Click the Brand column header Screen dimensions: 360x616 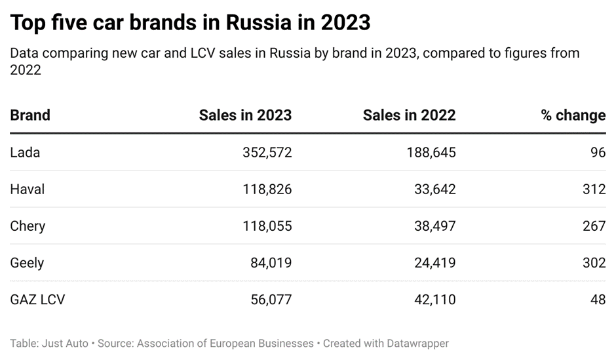tap(30, 115)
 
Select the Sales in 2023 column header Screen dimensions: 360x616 tap(245, 115)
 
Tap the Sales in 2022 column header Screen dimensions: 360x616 tap(409, 115)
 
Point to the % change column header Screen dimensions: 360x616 tap(573, 115)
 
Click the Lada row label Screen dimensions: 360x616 tap(25, 153)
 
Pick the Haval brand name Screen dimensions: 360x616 tap(27, 190)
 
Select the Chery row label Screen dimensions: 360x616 tap(28, 226)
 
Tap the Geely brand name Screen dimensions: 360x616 tap(27, 263)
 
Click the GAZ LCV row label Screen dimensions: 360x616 tap(37, 300)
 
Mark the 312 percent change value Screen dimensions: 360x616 tap(594, 190)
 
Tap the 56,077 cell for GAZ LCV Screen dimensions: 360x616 tap(271, 300)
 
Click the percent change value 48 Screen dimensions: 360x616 tap(598, 300)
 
